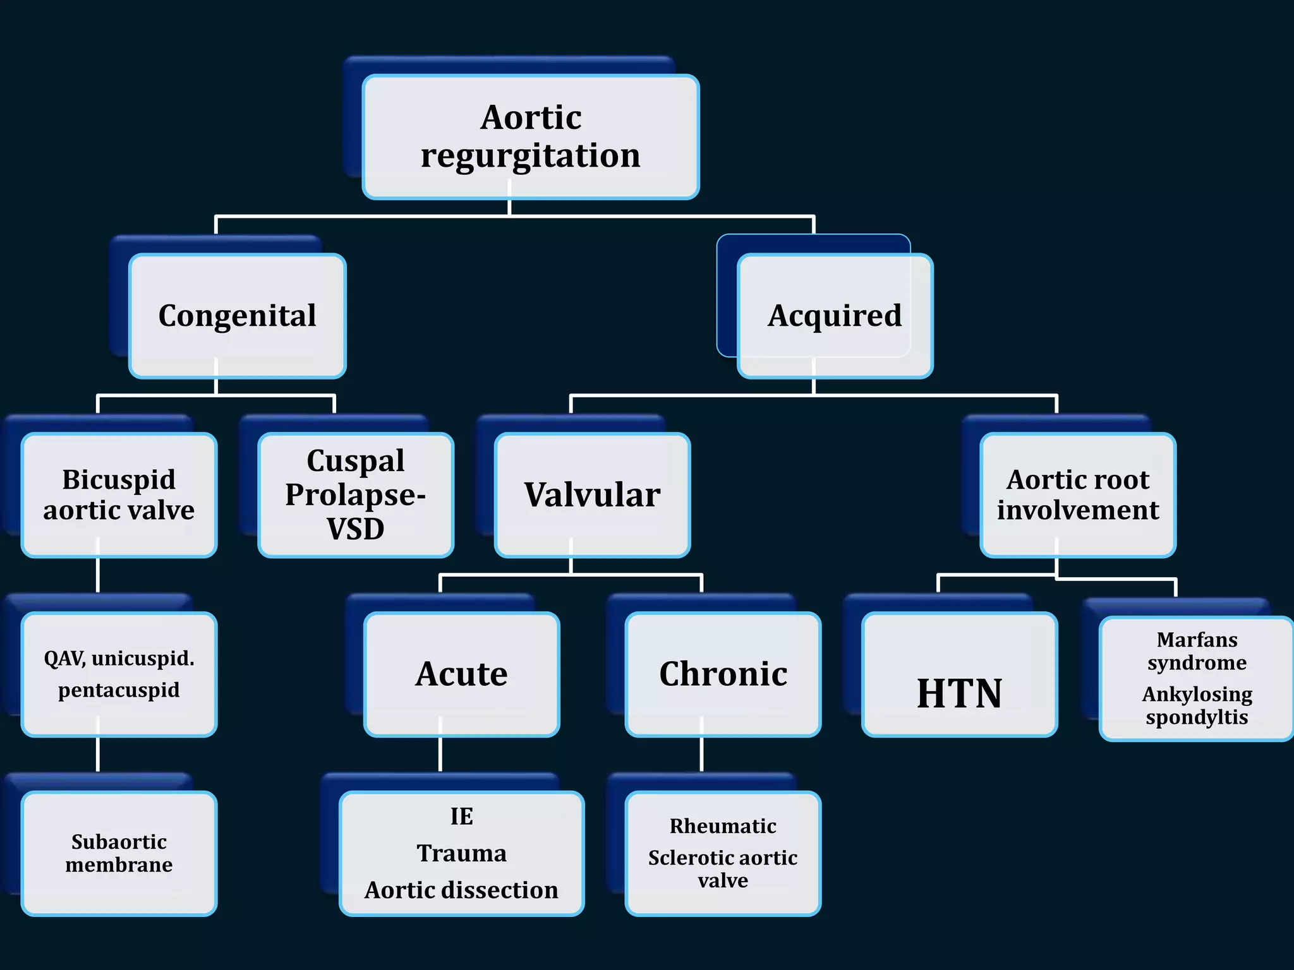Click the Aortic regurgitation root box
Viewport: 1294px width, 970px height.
(531, 136)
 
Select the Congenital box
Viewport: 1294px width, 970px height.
(238, 316)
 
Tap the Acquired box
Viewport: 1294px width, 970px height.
(835, 316)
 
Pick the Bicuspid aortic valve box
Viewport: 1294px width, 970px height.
(119, 495)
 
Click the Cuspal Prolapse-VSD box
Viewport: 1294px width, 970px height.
(356, 495)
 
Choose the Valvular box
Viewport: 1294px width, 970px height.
(592, 495)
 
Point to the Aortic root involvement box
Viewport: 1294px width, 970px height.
(1078, 495)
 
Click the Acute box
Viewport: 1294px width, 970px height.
(462, 674)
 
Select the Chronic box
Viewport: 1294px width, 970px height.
(723, 674)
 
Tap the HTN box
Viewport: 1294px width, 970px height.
(959, 693)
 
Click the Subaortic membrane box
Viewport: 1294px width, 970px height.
(119, 853)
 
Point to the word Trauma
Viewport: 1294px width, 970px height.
(462, 853)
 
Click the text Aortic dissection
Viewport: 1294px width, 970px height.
(462, 890)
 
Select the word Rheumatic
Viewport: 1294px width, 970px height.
(723, 826)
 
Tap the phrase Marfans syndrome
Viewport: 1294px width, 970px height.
(1197, 651)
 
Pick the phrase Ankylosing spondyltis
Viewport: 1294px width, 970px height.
(1197, 705)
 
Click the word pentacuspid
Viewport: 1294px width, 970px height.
(119, 690)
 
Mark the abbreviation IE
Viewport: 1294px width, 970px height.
(462, 817)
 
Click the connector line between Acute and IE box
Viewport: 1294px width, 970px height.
(440, 754)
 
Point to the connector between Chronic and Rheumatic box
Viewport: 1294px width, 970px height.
(701, 754)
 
